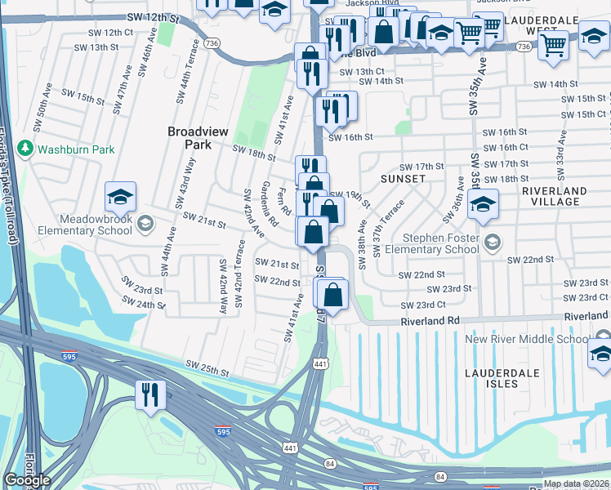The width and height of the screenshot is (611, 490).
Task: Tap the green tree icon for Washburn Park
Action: pyautogui.click(x=26, y=149)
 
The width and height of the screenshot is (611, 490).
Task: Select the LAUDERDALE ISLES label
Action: pyautogui.click(x=502, y=377)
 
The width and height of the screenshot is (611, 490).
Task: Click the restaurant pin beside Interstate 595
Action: pyautogui.click(x=150, y=395)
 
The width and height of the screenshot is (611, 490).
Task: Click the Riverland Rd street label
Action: pyautogui.click(x=430, y=323)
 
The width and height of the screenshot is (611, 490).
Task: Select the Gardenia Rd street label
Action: pyautogui.click(x=266, y=204)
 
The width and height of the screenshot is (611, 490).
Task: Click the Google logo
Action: pyautogui.click(x=27, y=480)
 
